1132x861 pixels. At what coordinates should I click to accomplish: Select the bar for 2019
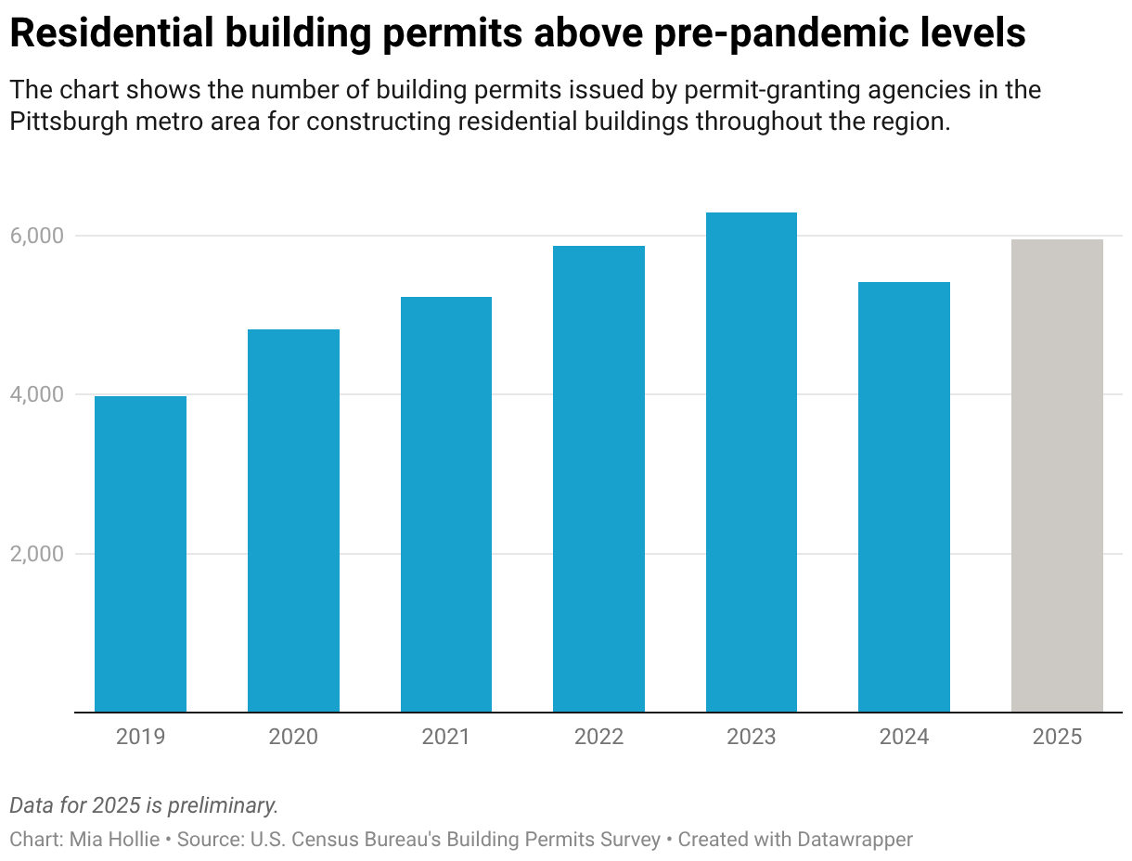pyautogui.click(x=140, y=554)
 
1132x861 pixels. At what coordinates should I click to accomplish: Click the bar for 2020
pyautogui.click(x=293, y=520)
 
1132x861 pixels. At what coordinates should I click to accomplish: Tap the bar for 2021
pyautogui.click(x=446, y=504)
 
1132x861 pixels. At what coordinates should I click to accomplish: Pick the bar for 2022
pyautogui.click(x=598, y=479)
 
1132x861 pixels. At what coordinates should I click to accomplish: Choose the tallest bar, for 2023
pyautogui.click(x=752, y=462)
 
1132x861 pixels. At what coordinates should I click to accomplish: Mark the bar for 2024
pyautogui.click(x=904, y=496)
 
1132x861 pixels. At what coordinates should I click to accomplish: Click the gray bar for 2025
pyautogui.click(x=1057, y=475)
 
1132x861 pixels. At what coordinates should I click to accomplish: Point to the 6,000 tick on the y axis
pyautogui.click(x=37, y=236)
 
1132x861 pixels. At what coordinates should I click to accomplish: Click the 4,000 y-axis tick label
pyautogui.click(x=37, y=394)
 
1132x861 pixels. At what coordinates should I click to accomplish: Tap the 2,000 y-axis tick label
pyautogui.click(x=37, y=554)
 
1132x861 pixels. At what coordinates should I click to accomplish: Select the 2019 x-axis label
pyautogui.click(x=140, y=737)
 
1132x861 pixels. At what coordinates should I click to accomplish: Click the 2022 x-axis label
pyautogui.click(x=598, y=737)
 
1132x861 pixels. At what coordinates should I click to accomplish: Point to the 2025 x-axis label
pyautogui.click(x=1057, y=737)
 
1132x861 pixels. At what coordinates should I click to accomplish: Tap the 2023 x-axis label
pyautogui.click(x=752, y=737)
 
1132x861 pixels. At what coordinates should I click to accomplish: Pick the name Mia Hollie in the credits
pyautogui.click(x=114, y=840)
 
